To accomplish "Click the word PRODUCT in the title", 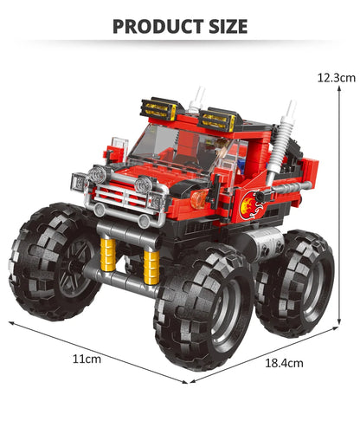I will [156, 26].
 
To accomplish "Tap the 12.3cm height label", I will [336, 77].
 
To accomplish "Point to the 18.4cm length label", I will [284, 364].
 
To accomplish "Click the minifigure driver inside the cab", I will [217, 154].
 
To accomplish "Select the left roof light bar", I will [160, 109].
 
